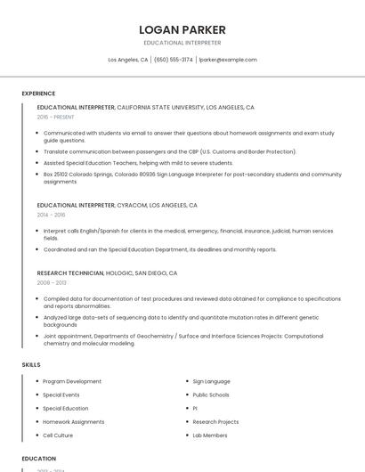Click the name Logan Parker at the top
tap(182, 29)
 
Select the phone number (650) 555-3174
tap(174, 60)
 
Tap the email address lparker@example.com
tap(228, 60)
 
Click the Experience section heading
tap(38, 94)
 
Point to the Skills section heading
tap(31, 365)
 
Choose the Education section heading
tap(39, 459)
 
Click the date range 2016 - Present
tap(55, 117)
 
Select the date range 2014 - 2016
tap(51, 215)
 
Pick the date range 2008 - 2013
tap(51, 282)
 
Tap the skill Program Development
tap(72, 381)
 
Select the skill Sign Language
tap(211, 381)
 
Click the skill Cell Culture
tap(58, 435)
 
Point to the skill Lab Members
tap(210, 435)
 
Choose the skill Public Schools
tap(211, 395)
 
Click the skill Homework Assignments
tap(73, 422)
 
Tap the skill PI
tap(195, 408)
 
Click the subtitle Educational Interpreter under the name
tap(182, 43)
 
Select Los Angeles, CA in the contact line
tap(127, 60)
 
